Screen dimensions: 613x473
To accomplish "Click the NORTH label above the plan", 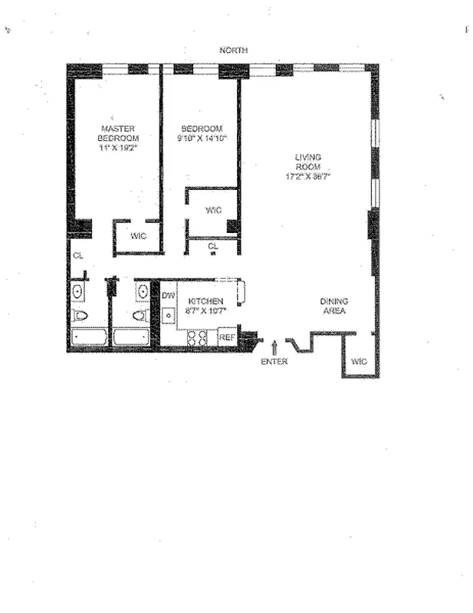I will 233,51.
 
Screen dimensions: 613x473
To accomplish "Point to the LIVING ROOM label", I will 308,162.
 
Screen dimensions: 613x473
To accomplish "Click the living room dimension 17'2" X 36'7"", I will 308,176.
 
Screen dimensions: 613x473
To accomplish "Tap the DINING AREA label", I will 333,306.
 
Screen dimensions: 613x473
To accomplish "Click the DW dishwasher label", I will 169,295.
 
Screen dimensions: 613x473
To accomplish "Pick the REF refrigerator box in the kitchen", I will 227,336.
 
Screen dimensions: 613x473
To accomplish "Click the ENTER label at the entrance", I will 274,362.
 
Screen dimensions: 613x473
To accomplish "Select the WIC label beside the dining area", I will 359,361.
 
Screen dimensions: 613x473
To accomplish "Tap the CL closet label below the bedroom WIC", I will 213,246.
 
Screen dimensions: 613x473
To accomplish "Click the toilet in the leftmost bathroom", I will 80,315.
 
